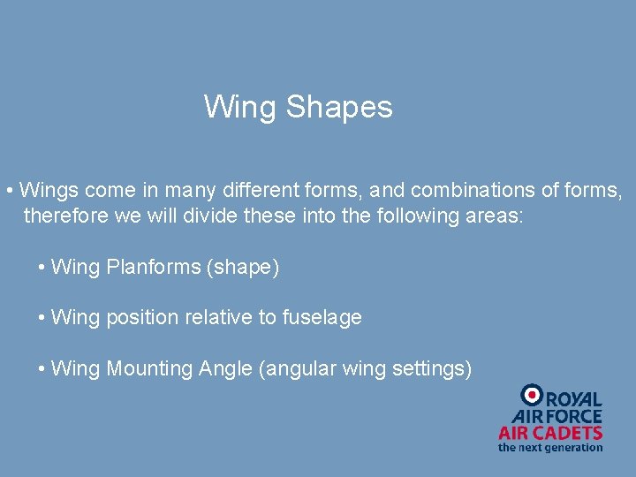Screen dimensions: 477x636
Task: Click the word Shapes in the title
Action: point(339,108)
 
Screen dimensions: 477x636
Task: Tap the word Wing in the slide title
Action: point(240,108)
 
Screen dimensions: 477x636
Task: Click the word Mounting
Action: point(148,368)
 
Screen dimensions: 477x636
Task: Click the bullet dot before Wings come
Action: point(8,191)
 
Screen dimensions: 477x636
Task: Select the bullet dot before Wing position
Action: point(42,318)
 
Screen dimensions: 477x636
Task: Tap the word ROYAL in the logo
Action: point(573,400)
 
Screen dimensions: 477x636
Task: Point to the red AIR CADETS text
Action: point(550,433)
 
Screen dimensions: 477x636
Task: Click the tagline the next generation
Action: point(550,447)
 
